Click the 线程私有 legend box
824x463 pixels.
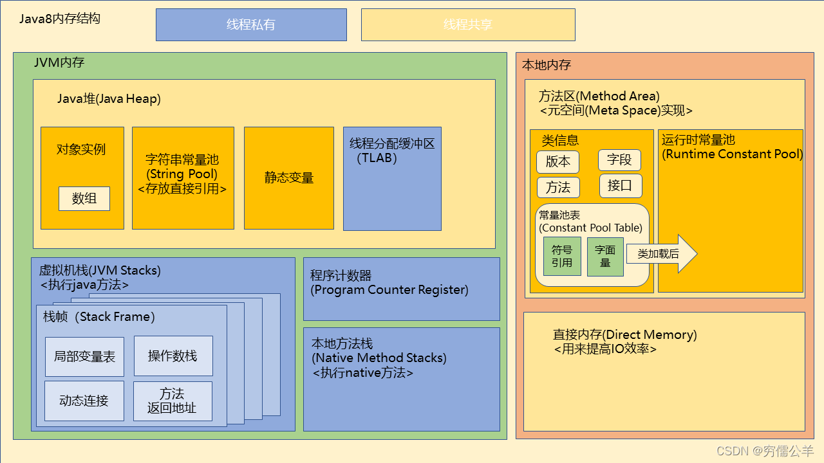251,24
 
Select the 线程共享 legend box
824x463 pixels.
467,24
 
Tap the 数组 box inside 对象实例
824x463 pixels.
84,199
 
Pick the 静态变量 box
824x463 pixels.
288,178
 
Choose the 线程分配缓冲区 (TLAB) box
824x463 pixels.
392,178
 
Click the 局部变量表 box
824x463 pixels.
84,356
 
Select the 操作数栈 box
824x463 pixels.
173,356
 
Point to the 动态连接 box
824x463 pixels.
84,401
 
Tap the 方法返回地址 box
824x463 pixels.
172,401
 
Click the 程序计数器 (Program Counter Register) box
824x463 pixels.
401,289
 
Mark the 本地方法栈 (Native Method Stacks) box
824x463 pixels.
401,379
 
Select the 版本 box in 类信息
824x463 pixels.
557,161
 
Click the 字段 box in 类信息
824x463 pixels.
619,160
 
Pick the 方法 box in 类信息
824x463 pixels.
558,187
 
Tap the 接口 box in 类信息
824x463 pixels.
620,186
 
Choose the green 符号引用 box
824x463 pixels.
562,257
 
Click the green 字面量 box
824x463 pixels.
605,257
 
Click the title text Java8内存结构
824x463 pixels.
59,19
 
